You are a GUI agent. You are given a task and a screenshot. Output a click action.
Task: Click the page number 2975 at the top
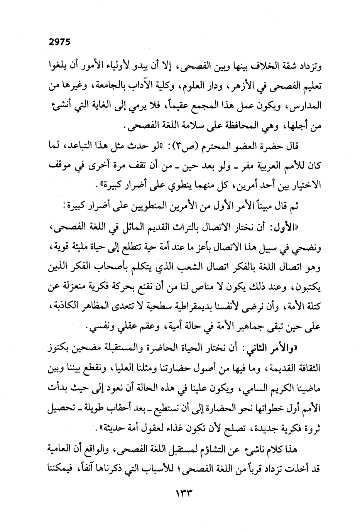(61, 42)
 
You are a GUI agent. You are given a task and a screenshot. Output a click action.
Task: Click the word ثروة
(313, 429)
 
